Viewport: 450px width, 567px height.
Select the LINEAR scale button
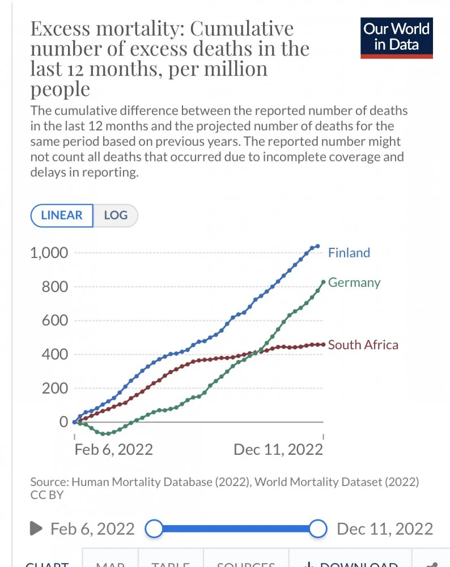tap(62, 215)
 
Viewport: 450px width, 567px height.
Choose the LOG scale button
tap(115, 215)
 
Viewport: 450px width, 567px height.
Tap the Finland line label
tap(349, 253)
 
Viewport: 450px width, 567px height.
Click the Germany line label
tap(354, 282)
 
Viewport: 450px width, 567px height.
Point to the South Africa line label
tap(363, 345)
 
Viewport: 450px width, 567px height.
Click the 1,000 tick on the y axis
tap(49, 253)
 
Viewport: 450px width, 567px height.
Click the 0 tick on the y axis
tap(63, 422)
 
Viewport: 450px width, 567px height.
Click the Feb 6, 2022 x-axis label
tap(113, 450)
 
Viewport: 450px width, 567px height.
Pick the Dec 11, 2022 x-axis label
tap(278, 450)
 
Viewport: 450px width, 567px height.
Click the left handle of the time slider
tap(154, 529)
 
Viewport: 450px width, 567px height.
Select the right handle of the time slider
tap(319, 529)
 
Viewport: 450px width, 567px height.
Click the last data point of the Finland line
tap(317, 246)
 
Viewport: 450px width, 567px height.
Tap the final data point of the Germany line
tap(323, 282)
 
